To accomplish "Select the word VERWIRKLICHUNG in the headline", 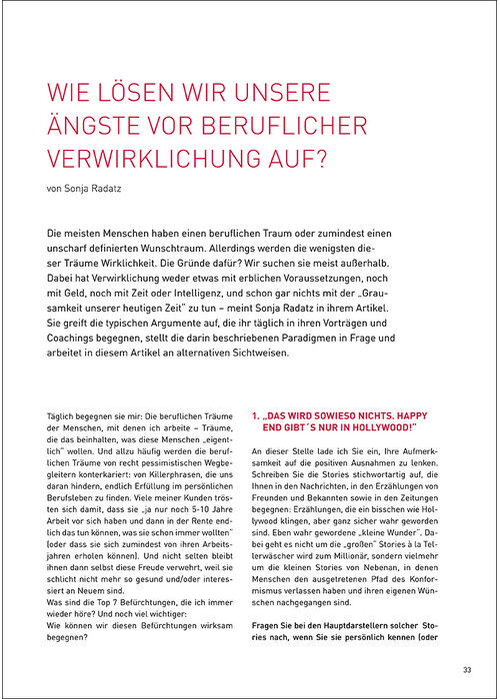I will pyautogui.click(x=145, y=160).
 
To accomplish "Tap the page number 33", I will pyautogui.click(x=466, y=669).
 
